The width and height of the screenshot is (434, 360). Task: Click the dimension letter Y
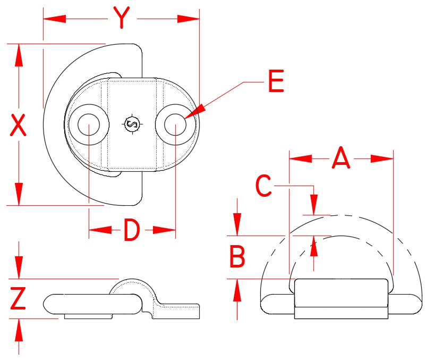point(122,18)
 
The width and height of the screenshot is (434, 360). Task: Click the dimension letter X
point(18,125)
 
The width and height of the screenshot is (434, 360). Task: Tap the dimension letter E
point(276,81)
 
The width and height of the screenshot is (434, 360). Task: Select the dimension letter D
point(132,230)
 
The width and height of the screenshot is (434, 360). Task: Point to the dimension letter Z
point(18,298)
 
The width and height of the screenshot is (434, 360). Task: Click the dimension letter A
point(341,158)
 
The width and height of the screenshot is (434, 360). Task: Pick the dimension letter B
point(237,256)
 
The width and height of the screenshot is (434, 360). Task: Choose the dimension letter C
point(263,186)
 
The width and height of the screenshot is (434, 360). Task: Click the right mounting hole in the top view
point(175,124)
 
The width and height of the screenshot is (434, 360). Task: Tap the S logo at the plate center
point(132,124)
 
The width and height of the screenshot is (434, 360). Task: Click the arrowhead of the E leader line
point(196,112)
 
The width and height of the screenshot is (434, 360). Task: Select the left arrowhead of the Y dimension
point(55,19)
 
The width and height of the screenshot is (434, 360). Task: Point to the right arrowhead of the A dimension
point(382,159)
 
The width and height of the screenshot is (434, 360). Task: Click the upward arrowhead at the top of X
point(19,55)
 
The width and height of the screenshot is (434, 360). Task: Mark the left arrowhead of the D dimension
point(100,230)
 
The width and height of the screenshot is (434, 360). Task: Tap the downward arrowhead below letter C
point(313,205)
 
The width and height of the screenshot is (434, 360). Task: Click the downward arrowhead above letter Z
point(19,267)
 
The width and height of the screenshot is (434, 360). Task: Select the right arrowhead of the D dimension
point(165,230)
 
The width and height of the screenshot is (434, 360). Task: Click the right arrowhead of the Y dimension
point(188,19)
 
